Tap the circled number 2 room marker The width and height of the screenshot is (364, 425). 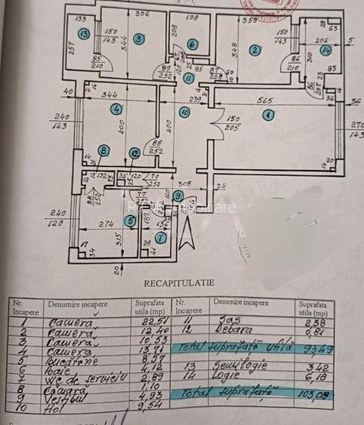(x=255, y=51)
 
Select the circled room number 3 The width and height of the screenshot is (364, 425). (x=138, y=38)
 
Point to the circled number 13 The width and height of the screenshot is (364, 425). (x=84, y=33)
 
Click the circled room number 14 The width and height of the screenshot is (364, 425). (x=326, y=50)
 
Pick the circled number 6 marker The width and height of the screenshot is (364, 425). (x=192, y=45)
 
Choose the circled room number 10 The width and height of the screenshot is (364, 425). (x=184, y=112)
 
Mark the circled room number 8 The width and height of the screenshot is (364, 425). (x=103, y=151)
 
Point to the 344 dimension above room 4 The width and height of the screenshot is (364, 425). (x=110, y=94)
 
